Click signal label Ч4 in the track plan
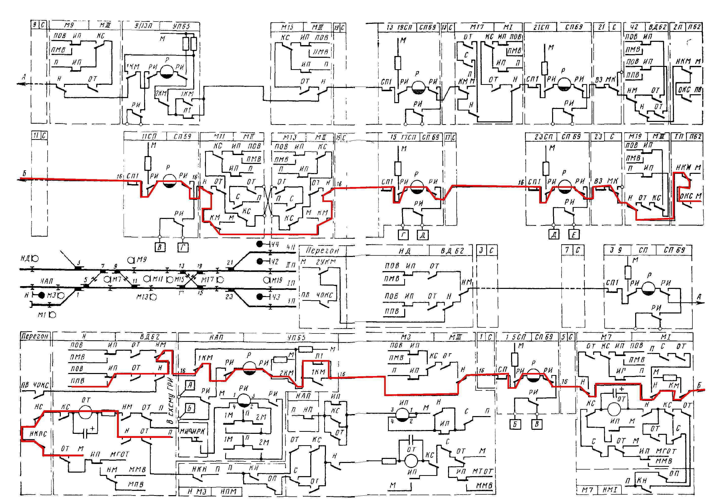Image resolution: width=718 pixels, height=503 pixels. pyautogui.click(x=275, y=244)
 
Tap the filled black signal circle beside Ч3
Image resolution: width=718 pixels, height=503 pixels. pyautogui.click(x=259, y=296)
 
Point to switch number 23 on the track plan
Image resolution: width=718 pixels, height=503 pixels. pyautogui.click(x=229, y=296)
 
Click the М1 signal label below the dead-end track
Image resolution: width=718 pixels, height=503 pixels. pyautogui.click(x=42, y=315)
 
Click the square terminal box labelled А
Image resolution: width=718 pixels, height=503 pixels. pyautogui.click(x=190, y=385)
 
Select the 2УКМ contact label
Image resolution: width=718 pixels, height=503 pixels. pyautogui.click(x=326, y=262)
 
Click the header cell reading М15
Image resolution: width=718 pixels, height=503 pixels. pyautogui.click(x=287, y=27)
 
